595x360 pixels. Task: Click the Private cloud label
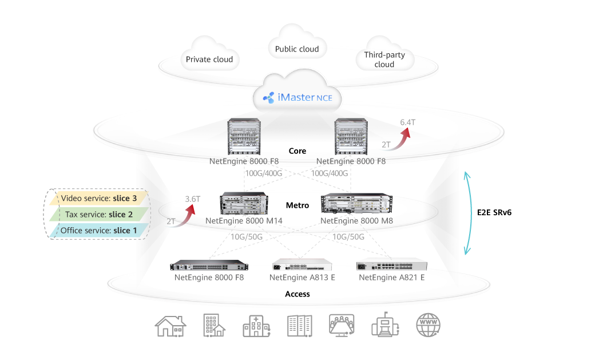[x=209, y=60]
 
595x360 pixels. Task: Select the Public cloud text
[x=297, y=49]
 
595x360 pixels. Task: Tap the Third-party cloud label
[x=384, y=60]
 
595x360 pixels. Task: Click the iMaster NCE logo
[x=297, y=98]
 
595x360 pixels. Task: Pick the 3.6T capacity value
[x=192, y=199]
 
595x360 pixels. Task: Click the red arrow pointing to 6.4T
[x=400, y=138]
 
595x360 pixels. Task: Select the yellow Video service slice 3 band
[x=98, y=199]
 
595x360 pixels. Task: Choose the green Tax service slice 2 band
[x=98, y=215]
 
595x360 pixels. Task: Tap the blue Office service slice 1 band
[x=98, y=231]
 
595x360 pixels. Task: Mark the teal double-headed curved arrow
[x=467, y=212]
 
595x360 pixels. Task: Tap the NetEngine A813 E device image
[x=303, y=266]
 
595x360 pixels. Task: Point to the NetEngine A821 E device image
[x=391, y=266]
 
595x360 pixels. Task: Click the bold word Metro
[x=297, y=205]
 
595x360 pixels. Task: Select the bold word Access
[x=297, y=294]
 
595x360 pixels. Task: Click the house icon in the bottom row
[x=170, y=325]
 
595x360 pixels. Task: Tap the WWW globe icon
[x=429, y=325]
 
